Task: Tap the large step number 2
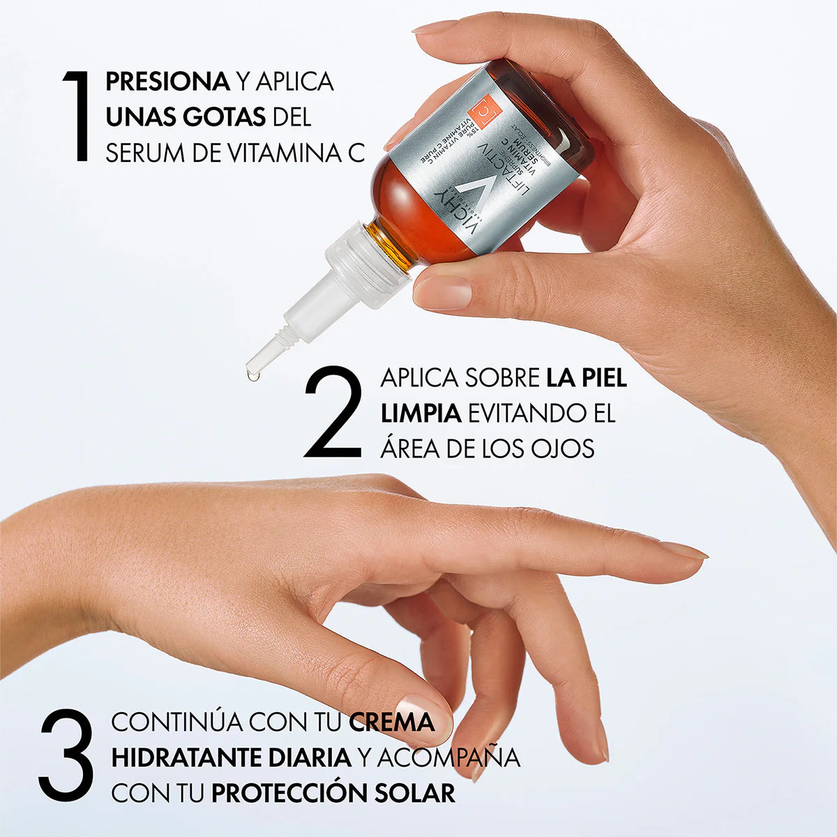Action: coord(334,412)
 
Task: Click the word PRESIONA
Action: coord(167,82)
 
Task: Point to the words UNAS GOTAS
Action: coord(186,117)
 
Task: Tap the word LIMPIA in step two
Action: coord(421,413)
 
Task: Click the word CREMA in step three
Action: coord(391,722)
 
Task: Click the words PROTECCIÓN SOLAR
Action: coord(333,793)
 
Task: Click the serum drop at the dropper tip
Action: coord(252,375)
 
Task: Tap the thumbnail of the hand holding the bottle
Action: coord(442,292)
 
